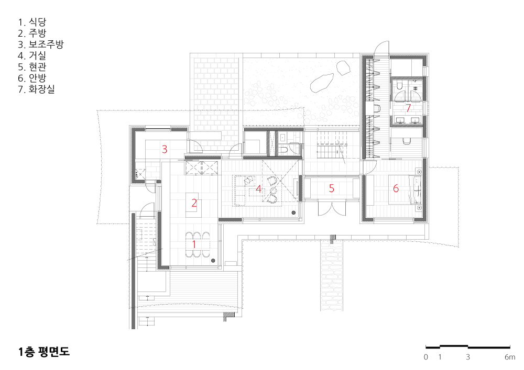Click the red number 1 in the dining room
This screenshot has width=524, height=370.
pos(194,244)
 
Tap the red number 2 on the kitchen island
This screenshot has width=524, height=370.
pos(194,203)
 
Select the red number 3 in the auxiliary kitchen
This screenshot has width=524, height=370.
pos(165,149)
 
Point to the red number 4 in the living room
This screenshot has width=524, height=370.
pos(258,189)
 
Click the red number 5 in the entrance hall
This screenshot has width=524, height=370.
pos(332,188)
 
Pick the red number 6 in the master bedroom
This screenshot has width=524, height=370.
pos(396,188)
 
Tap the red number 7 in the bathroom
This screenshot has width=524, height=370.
pos(408,108)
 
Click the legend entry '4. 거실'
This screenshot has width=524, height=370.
pos(32,55)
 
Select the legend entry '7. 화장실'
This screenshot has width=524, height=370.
pos(37,89)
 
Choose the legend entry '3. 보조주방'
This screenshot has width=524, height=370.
pos(41,44)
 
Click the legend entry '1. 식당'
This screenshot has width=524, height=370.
pos(32,22)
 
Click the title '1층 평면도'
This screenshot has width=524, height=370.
pos(44,352)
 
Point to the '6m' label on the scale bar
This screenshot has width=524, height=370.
pos(510,357)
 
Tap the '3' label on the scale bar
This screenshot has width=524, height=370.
pos(468,357)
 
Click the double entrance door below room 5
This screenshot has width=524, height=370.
pos(332,208)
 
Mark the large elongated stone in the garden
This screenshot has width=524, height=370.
pos(322,82)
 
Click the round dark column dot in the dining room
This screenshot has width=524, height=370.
pos(213,261)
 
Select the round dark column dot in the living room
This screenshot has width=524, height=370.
pos(294,212)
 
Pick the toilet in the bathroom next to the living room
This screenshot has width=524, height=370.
pos(283,150)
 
